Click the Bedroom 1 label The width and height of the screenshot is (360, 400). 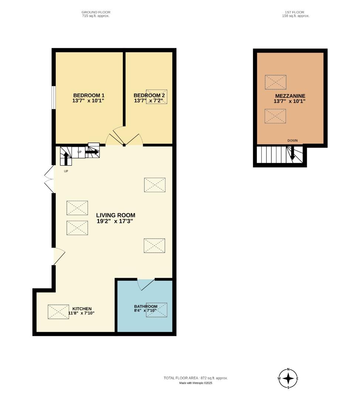88,95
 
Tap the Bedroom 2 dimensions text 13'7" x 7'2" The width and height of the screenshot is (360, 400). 149,101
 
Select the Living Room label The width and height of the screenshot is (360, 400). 115,215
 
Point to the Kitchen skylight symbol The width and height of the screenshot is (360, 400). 58,312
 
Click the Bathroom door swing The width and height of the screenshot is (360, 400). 146,285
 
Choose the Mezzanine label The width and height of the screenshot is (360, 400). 290,96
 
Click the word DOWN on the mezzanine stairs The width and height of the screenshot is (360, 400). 292,141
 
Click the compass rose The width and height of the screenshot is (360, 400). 288,379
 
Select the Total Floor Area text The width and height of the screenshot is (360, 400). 195,378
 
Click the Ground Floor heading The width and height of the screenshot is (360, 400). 96,12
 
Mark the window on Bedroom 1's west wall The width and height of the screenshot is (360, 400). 53,98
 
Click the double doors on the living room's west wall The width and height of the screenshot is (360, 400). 49,179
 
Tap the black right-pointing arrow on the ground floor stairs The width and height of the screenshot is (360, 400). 92,152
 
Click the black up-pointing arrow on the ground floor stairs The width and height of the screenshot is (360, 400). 66,158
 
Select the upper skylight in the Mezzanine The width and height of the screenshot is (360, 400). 275,82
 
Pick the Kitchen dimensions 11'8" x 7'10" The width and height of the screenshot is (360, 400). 81,313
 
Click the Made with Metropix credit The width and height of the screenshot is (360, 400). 196,383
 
